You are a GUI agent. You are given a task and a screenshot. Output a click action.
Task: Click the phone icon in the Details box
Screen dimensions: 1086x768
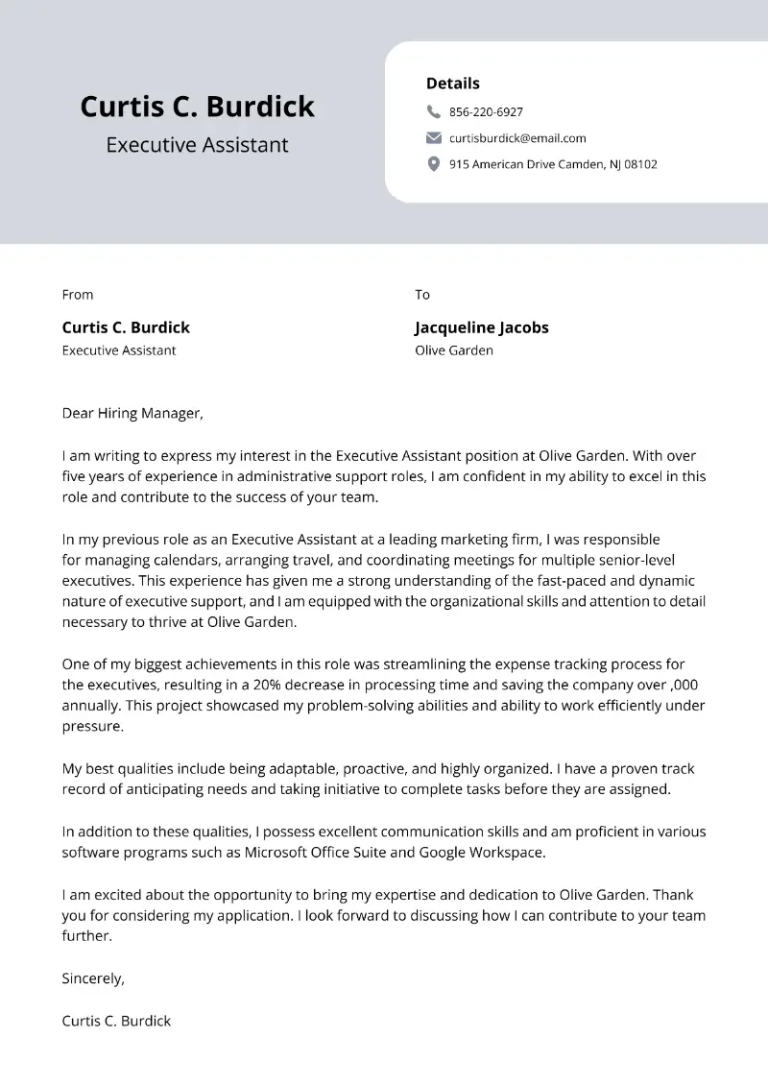433,111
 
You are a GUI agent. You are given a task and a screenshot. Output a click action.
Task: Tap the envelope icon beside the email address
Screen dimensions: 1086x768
433,137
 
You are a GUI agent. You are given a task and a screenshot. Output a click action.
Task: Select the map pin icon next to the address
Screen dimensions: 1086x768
433,164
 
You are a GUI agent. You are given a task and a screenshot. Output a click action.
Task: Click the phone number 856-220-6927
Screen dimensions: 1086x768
486,111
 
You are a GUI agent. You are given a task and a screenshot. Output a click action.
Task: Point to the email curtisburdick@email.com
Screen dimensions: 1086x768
517,137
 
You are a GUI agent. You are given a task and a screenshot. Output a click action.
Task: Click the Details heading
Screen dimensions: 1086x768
452,84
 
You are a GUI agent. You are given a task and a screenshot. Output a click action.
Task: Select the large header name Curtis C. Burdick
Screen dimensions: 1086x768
197,106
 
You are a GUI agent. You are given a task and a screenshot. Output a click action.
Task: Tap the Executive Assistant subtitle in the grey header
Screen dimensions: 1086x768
197,145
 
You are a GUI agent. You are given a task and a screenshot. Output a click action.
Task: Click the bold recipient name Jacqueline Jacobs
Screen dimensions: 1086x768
481,327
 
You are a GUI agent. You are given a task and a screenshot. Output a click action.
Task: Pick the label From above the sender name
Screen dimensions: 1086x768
78,295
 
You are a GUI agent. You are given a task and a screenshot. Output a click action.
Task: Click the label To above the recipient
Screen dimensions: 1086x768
422,295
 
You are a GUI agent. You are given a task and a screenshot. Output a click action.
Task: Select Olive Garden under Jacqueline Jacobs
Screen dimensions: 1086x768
453,350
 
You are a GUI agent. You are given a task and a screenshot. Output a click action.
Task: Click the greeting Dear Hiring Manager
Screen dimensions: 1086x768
132,413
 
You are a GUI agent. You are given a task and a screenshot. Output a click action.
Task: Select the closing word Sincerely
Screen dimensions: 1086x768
93,978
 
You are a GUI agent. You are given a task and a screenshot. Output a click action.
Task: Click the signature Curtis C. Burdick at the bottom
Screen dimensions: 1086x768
116,1021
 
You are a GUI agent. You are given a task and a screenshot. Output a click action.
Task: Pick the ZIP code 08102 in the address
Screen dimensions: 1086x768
640,164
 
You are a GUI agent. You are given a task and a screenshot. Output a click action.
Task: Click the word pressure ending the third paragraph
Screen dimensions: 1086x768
92,727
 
